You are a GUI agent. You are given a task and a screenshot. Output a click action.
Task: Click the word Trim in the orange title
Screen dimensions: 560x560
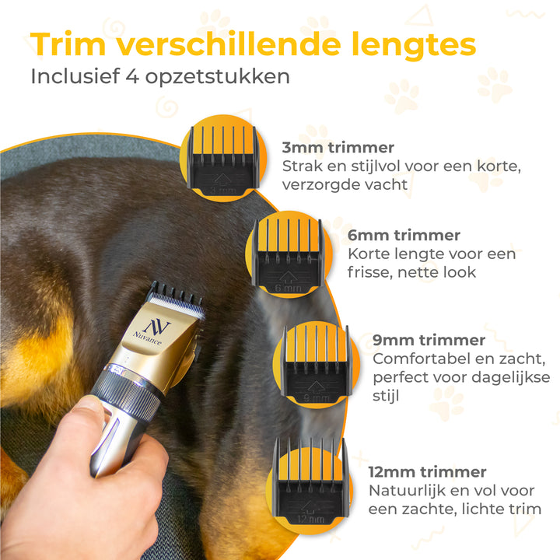click(x=68, y=44)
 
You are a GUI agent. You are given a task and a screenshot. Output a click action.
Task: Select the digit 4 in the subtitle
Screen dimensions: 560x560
click(x=132, y=76)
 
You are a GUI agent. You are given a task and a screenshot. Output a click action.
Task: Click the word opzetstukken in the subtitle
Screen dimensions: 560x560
click(x=218, y=77)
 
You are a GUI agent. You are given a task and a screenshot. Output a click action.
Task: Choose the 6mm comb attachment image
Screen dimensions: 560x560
click(x=289, y=256)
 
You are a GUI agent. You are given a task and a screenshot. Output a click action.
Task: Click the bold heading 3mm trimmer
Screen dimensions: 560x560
click(x=338, y=148)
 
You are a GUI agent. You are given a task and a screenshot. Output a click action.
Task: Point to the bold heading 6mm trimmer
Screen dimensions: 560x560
click(x=404, y=236)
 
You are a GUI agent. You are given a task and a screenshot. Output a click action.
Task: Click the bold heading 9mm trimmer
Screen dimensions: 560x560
click(x=429, y=341)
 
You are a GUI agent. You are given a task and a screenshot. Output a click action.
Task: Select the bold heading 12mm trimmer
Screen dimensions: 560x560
click(x=427, y=472)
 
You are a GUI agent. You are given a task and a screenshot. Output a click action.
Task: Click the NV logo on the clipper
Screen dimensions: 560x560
click(x=157, y=327)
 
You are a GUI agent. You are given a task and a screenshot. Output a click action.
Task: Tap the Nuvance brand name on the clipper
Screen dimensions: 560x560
click(x=147, y=338)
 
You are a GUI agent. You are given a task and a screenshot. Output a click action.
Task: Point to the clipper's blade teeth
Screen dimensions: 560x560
click(x=176, y=300)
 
